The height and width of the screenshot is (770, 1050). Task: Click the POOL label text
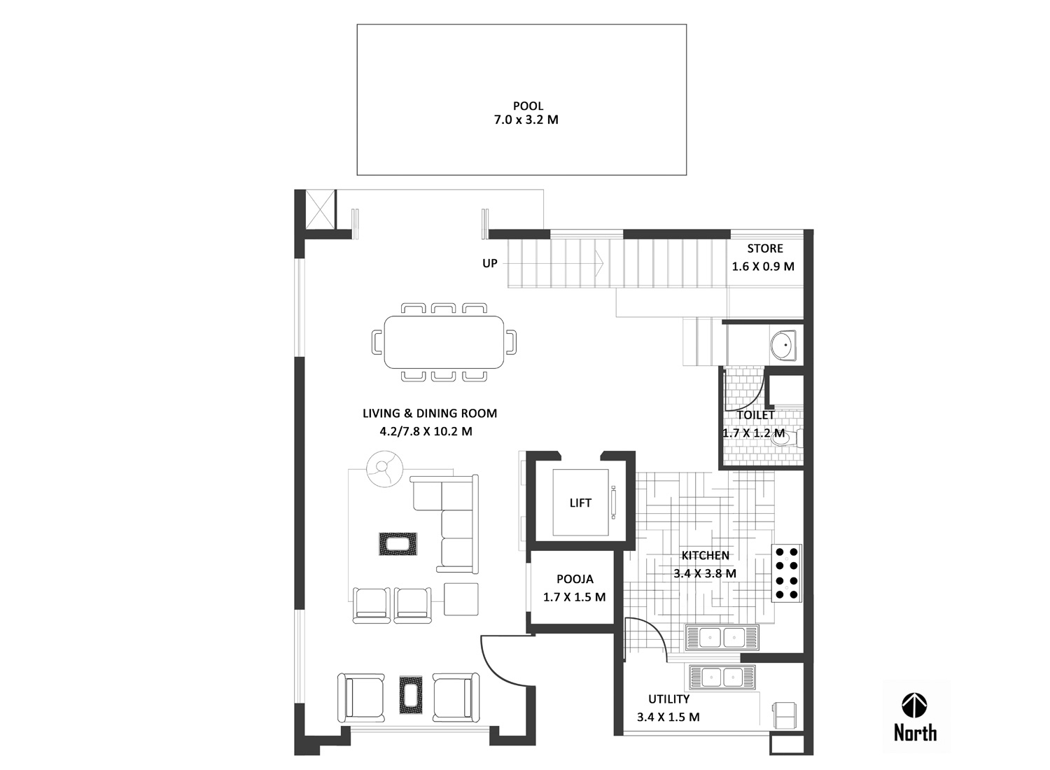tap(528, 106)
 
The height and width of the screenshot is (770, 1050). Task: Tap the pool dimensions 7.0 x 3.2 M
tap(526, 120)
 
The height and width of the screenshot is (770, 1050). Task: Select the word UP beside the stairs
tap(490, 263)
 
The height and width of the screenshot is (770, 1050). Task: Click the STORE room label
tap(765, 248)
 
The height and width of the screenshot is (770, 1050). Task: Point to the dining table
tap(444, 342)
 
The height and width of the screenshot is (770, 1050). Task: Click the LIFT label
tap(580, 503)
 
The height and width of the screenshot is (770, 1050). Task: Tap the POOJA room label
tap(575, 579)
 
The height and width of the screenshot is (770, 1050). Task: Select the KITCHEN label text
tap(705, 555)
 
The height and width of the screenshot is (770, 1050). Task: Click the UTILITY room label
tap(669, 699)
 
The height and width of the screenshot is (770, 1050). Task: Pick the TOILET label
tap(755, 415)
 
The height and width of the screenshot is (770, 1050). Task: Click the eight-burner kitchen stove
tap(787, 573)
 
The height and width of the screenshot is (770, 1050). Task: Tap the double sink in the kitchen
tap(722, 638)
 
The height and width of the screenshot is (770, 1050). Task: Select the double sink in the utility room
tap(722, 677)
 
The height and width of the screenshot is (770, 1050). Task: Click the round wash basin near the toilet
tap(783, 345)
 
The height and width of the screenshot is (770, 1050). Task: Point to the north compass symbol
tap(914, 706)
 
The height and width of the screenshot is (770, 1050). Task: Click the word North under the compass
tap(915, 733)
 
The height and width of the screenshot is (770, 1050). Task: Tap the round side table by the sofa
tap(384, 469)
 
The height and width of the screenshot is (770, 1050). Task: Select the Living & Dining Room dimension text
tap(426, 432)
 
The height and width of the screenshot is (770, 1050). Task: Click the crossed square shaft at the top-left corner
tap(320, 209)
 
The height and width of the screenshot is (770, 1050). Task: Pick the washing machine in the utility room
tap(784, 715)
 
